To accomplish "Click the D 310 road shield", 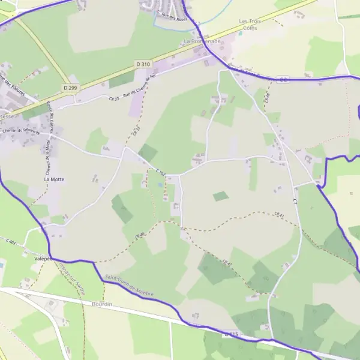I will click(143, 64).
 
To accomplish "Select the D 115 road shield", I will click(233, 334).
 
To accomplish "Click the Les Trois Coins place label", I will click(251, 24).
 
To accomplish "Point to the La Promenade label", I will click(202, 41).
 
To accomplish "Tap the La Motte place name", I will click(54, 179).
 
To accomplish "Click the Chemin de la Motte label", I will click(47, 155).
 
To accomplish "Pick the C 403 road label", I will click(10, 241).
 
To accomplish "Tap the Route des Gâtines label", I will click(51, 113).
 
